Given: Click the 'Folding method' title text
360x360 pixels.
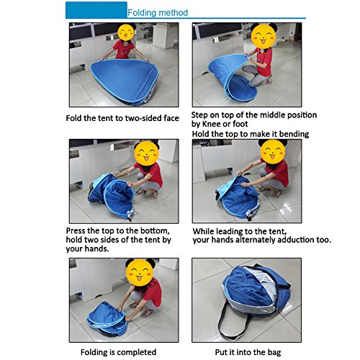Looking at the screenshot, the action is pyautogui.click(x=158, y=12).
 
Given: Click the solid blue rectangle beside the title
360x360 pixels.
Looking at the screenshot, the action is pyautogui.click(x=96, y=10).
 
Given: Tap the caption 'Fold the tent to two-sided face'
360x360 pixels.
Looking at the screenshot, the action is pyautogui.click(x=122, y=118).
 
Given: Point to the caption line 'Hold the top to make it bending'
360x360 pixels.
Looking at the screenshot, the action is pyautogui.click(x=251, y=134).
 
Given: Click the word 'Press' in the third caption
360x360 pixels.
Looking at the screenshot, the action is pyautogui.click(x=76, y=230).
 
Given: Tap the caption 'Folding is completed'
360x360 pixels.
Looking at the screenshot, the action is pyautogui.click(x=118, y=352).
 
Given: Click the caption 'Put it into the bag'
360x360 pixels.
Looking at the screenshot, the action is pyautogui.click(x=248, y=352).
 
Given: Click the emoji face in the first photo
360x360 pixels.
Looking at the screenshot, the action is pyautogui.click(x=126, y=32).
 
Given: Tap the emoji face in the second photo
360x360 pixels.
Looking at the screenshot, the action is pyautogui.click(x=264, y=36).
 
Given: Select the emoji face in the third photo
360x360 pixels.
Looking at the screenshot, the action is pyautogui.click(x=147, y=153).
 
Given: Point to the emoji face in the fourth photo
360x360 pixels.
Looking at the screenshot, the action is pyautogui.click(x=273, y=152).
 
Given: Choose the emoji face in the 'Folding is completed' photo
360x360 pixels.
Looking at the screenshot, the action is pyautogui.click(x=140, y=272).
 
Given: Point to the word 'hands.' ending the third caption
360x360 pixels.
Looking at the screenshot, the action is pyautogui.click(x=98, y=248).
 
